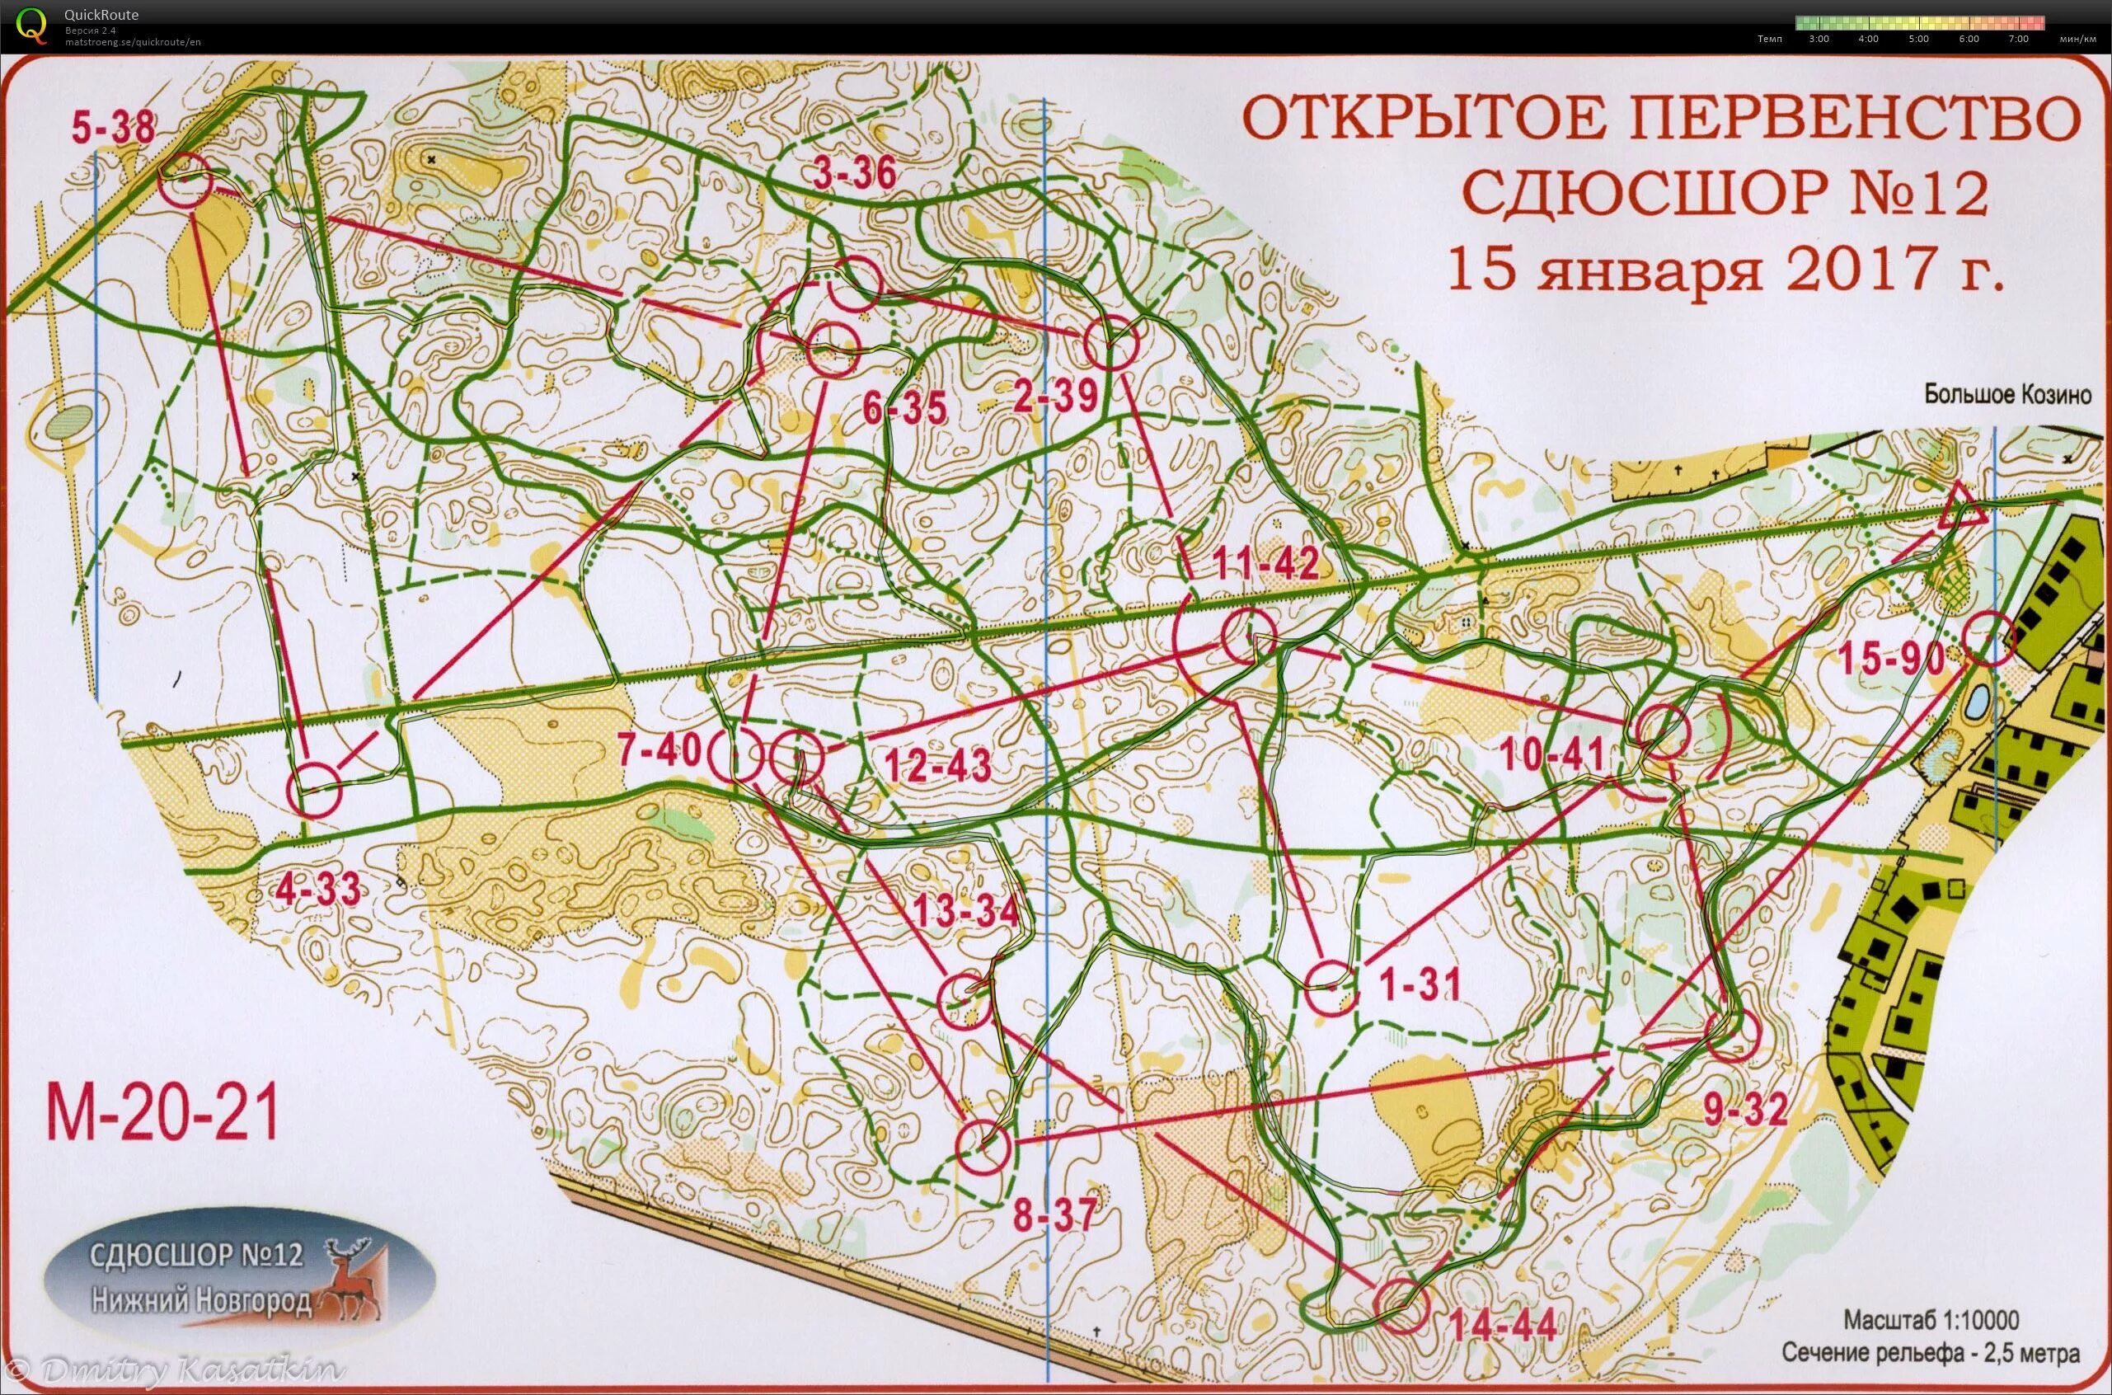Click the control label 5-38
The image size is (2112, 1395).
click(113, 128)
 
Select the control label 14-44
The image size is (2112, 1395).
click(1502, 1326)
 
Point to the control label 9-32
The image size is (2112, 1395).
click(1745, 1109)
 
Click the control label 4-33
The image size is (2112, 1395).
click(318, 888)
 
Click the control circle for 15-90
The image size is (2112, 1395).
click(1990, 639)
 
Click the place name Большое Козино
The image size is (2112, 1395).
click(2008, 394)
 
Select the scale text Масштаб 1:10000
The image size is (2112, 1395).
click(1931, 1319)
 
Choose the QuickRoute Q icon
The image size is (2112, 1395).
click(32, 25)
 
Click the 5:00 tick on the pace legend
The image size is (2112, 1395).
click(1918, 38)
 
